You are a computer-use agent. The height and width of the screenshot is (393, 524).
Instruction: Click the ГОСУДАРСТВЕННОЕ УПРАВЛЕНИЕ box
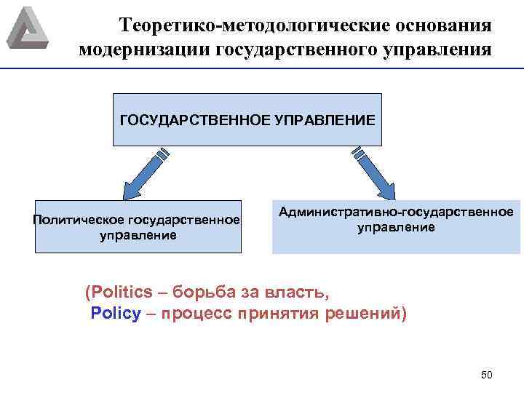pyautogui.click(x=247, y=119)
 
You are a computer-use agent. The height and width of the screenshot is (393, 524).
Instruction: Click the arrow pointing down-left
pyautogui.click(x=146, y=174)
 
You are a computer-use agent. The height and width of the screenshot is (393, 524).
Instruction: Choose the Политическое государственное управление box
pyautogui.click(x=138, y=226)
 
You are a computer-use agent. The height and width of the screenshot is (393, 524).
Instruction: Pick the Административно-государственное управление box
pyautogui.click(x=396, y=226)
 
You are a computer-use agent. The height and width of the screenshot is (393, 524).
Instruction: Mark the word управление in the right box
pyautogui.click(x=396, y=227)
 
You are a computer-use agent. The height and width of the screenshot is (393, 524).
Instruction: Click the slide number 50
pyautogui.click(x=487, y=375)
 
